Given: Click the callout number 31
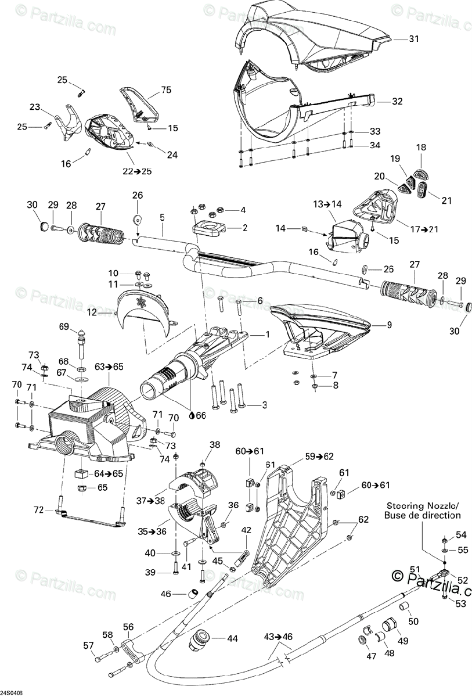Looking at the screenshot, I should (x=413, y=39).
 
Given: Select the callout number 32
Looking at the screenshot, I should (x=397, y=100).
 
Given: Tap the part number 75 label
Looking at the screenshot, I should (x=167, y=90).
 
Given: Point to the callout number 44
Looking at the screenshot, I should (x=232, y=638).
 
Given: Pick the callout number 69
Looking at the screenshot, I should (x=64, y=326).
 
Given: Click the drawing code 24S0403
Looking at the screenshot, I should (x=12, y=693).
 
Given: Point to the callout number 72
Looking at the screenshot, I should (x=38, y=509).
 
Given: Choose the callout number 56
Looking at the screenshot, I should (x=128, y=627).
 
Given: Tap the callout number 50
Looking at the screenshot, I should (x=413, y=621).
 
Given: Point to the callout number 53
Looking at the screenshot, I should (x=460, y=604).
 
